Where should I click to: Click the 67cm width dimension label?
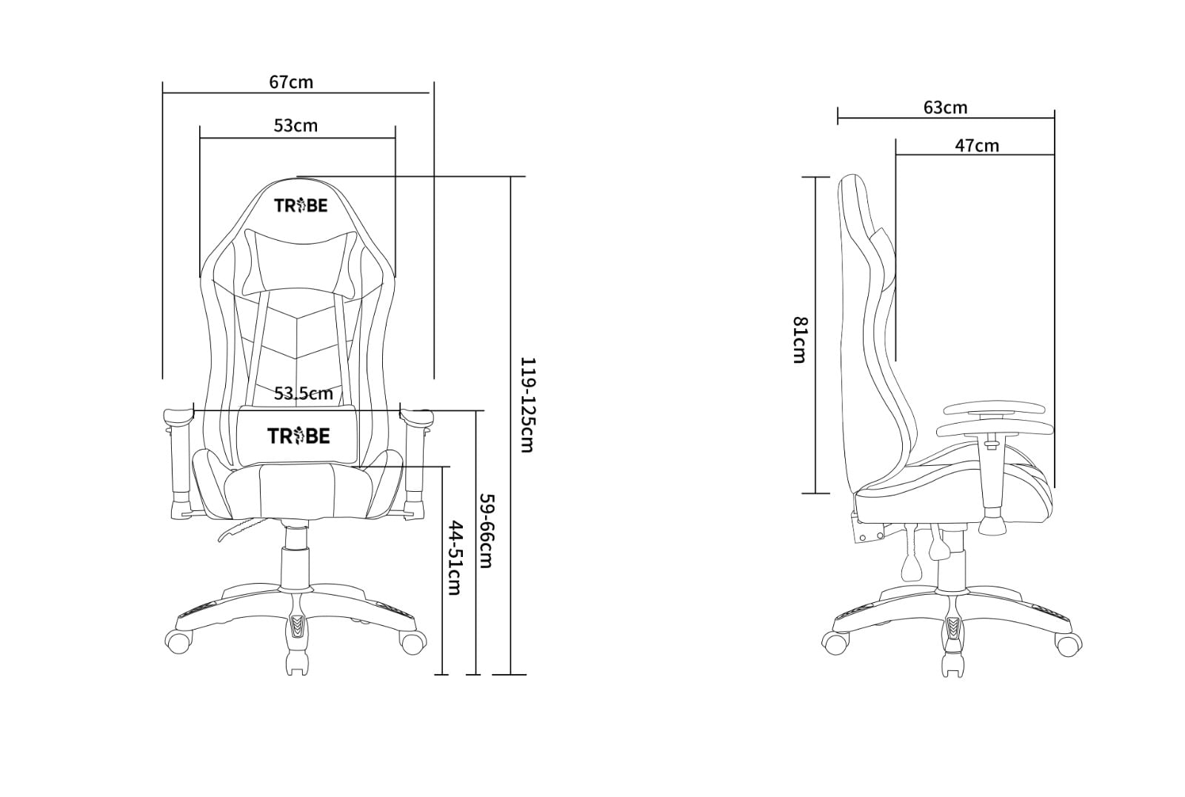[291, 82]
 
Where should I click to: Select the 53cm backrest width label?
[296, 125]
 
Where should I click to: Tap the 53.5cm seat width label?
[304, 393]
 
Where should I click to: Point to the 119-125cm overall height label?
[527, 405]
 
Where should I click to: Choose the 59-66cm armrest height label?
[486, 531]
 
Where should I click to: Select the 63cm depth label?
[945, 107]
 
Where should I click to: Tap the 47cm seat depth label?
[977, 145]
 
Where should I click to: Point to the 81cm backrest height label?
[800, 340]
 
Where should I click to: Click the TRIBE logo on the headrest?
[301, 205]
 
